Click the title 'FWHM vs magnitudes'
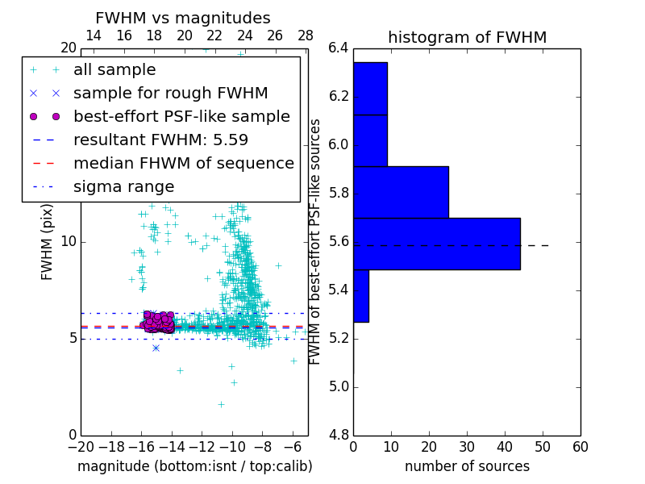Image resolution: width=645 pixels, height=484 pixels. click(x=183, y=18)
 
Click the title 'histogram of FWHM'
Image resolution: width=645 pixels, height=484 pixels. click(x=467, y=37)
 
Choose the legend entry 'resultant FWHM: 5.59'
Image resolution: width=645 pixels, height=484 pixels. click(x=160, y=140)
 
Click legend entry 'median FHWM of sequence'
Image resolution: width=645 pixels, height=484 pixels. click(x=184, y=164)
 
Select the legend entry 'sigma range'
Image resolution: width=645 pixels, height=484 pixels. click(x=123, y=187)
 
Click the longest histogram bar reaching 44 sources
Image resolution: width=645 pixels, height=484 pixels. click(x=436, y=244)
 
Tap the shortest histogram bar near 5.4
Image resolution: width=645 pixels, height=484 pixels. click(x=360, y=295)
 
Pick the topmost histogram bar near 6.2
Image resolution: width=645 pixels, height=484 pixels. click(x=370, y=88)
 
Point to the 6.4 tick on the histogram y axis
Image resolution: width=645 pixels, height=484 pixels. click(x=339, y=48)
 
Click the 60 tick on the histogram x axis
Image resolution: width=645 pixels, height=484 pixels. click(x=580, y=447)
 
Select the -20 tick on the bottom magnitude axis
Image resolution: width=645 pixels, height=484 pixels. click(x=81, y=447)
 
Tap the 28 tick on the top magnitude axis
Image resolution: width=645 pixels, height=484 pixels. click(x=306, y=35)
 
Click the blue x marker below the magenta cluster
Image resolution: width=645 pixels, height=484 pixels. click(x=156, y=348)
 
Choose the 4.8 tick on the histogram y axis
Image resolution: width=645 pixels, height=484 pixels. click(x=339, y=435)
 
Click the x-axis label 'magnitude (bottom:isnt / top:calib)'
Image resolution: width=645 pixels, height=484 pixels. click(x=194, y=466)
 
